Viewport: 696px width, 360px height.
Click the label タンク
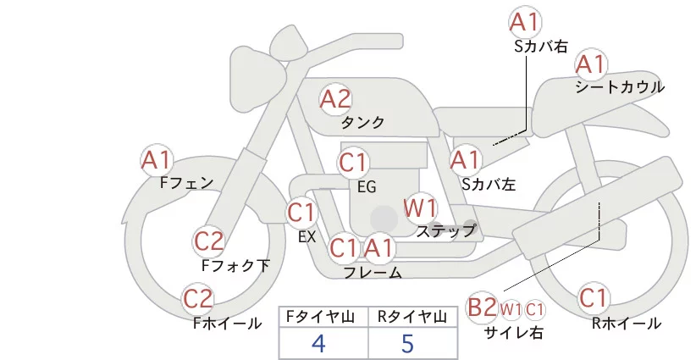coord(362,123)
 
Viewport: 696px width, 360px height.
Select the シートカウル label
coord(620,87)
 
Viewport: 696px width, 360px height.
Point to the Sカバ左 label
coord(489,183)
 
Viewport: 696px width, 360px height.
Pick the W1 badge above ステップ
coord(420,208)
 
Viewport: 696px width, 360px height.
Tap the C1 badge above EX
coord(301,212)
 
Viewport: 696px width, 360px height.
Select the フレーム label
coord(373,273)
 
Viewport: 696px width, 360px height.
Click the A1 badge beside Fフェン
coord(157,159)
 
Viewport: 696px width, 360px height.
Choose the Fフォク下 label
coord(235,266)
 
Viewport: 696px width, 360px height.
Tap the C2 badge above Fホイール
coord(199,299)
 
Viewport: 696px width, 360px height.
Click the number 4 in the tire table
coord(318,343)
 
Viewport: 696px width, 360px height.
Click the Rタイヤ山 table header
coord(411,317)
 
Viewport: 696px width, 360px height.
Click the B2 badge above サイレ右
coord(482,307)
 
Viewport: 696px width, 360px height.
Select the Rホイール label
coord(627,324)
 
